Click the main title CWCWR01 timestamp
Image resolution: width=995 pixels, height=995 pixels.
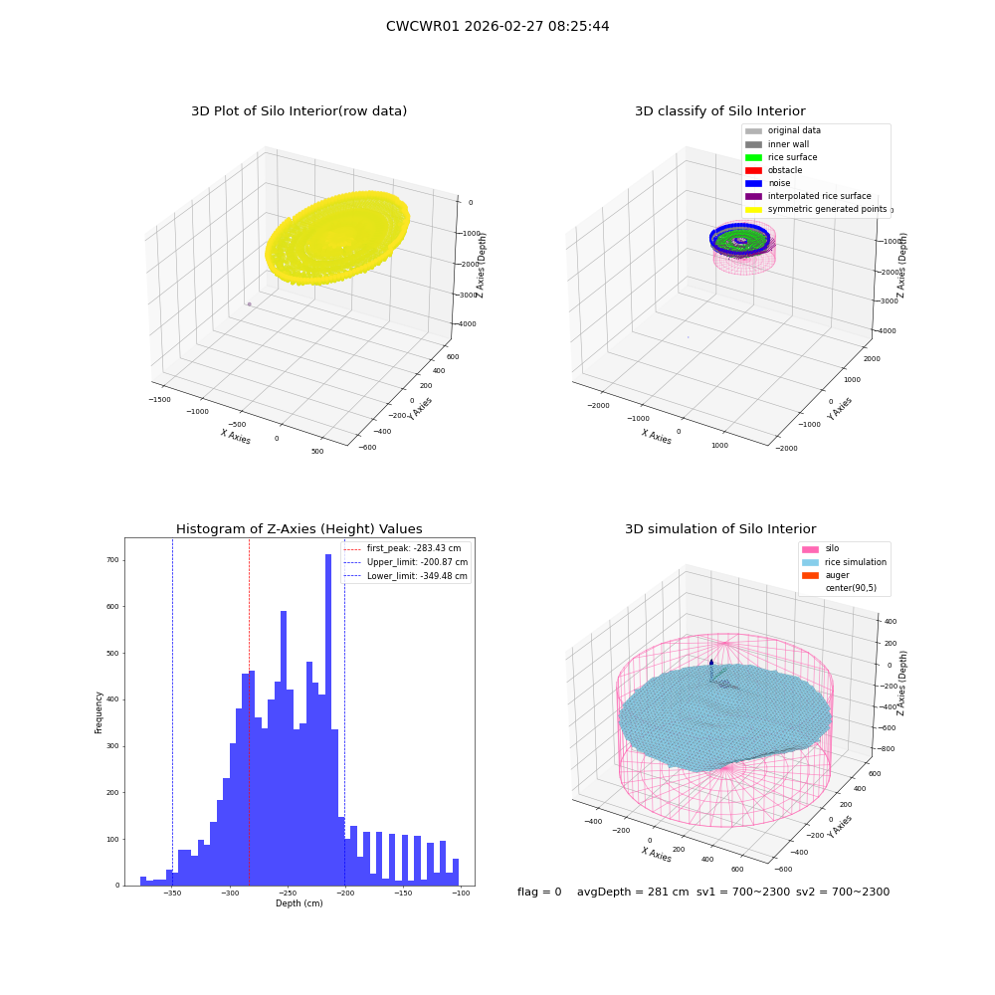497,26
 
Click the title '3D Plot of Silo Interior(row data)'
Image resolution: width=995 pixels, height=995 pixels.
298,111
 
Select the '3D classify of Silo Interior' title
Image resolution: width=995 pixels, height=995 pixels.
720,111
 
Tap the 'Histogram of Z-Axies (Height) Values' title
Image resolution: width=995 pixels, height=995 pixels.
298,528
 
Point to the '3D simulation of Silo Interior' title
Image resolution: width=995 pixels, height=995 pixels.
720,528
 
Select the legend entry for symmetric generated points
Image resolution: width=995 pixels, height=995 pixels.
816,209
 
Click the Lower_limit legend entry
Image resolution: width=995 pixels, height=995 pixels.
406,576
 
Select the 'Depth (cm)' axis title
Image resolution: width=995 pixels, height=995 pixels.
298,903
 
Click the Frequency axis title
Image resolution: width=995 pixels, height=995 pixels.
99,712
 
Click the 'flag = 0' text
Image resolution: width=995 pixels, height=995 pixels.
539,892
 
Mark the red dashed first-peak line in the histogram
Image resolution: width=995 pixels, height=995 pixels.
249,711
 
